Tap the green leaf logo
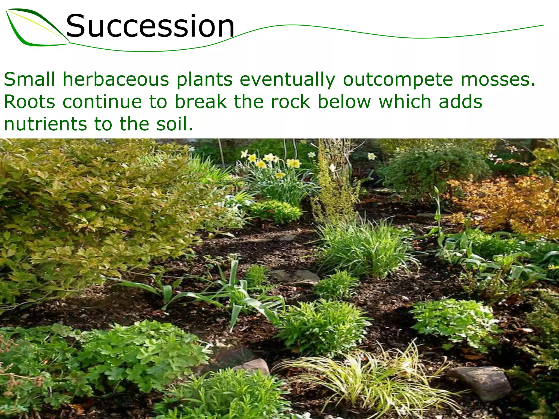point(35,27)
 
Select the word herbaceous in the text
point(116,79)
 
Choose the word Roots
point(29,102)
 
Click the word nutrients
point(45,124)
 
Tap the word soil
point(174,124)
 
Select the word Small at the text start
point(29,79)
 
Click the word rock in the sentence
point(290,102)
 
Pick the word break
point(201,102)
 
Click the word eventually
point(287,79)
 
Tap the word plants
point(204,79)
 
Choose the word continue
point(102,102)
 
